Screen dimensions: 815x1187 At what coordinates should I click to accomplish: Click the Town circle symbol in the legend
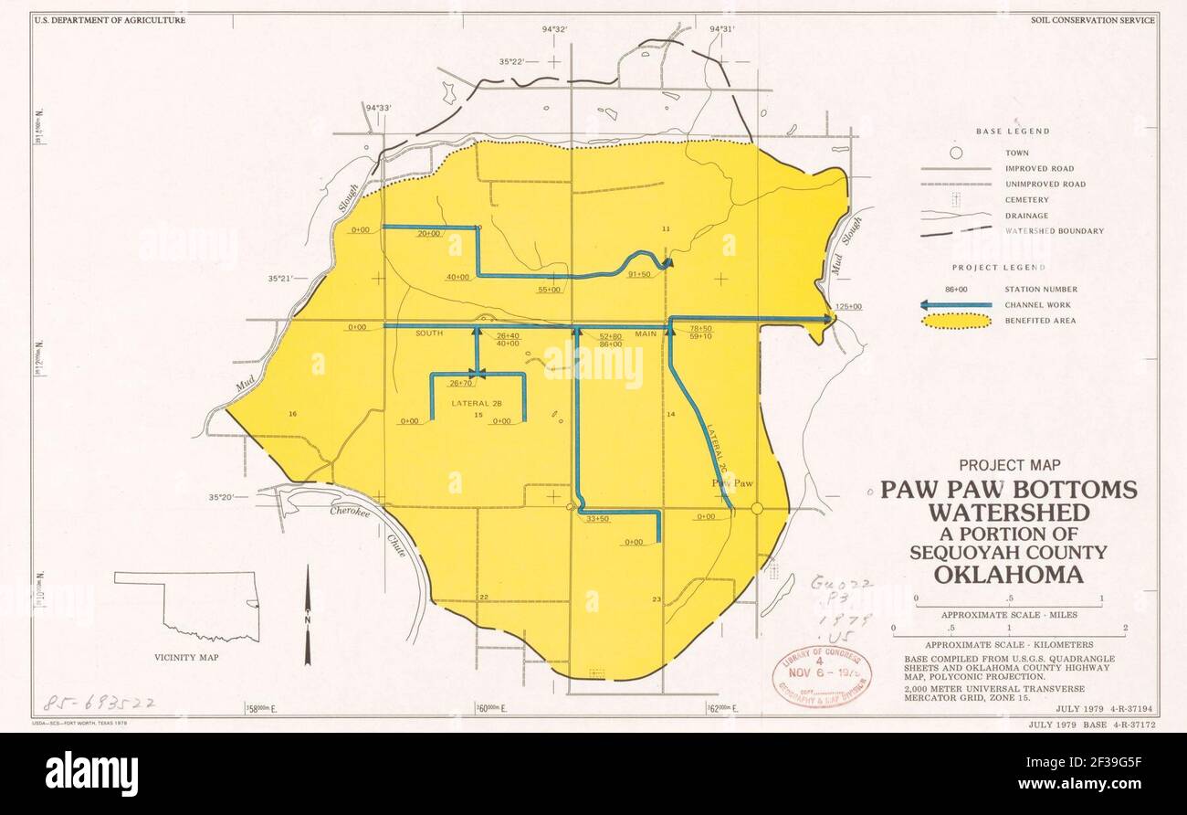[955, 153]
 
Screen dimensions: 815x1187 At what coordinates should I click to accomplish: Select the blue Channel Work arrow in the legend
[955, 305]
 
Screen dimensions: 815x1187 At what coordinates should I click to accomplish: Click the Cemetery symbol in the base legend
[955, 199]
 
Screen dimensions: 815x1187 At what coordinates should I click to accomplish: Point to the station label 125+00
[848, 307]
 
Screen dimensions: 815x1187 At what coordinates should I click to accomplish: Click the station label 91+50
[638, 274]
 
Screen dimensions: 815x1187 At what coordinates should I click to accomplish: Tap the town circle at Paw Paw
[756, 508]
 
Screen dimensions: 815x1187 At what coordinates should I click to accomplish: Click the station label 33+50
[597, 519]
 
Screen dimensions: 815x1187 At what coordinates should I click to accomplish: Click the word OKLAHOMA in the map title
[1008, 575]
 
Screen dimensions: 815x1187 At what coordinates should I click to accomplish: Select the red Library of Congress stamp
[822, 677]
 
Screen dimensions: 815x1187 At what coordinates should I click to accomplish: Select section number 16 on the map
[292, 415]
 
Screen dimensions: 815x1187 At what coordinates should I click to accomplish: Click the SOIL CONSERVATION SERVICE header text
[1093, 19]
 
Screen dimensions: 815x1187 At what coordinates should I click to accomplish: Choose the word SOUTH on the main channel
[429, 333]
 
